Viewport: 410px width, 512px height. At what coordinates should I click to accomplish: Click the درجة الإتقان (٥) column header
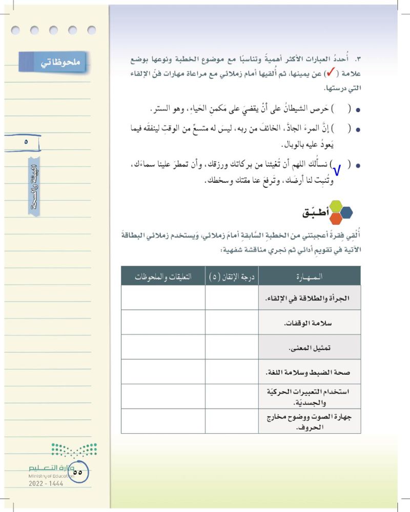[x=232, y=276]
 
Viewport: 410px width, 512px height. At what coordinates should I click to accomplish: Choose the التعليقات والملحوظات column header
[x=162, y=276]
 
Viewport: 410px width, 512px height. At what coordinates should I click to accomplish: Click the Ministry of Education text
[x=51, y=476]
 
